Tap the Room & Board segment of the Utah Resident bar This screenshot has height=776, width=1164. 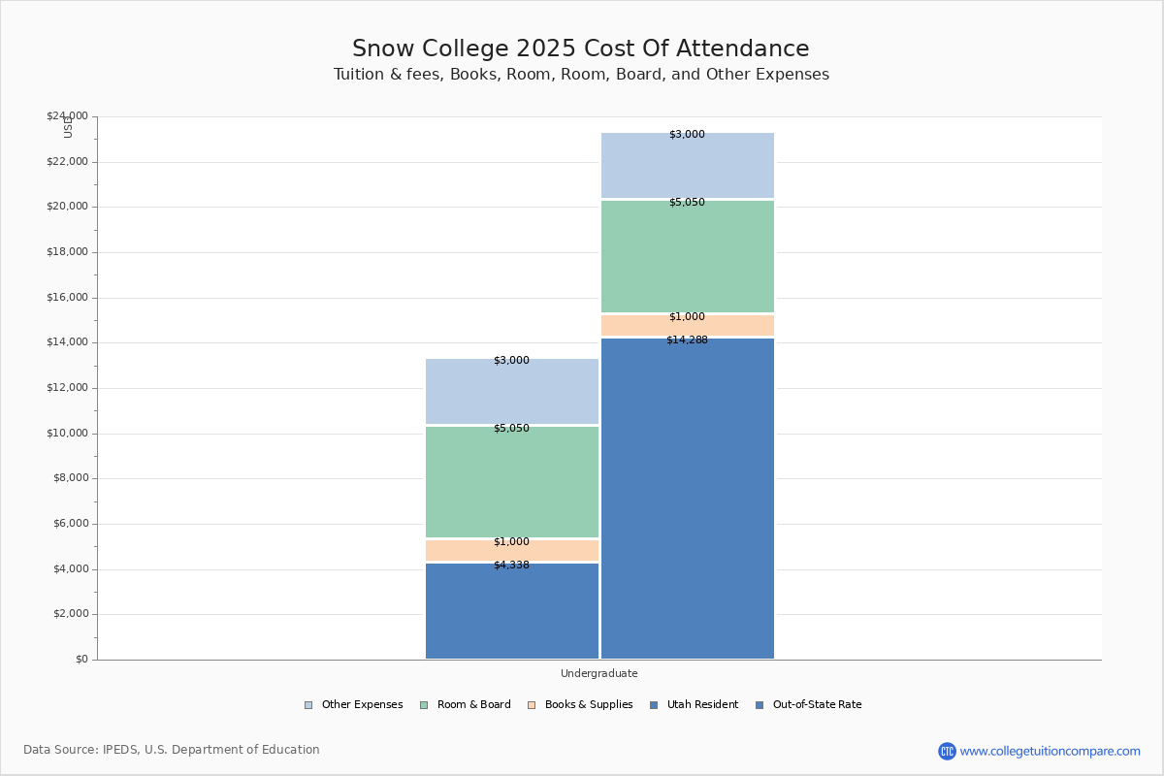pyautogui.click(x=512, y=482)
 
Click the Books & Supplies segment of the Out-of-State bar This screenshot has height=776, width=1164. pyautogui.click(x=688, y=326)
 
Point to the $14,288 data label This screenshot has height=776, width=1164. pyautogui.click(x=687, y=340)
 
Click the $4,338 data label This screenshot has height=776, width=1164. pyautogui.click(x=511, y=566)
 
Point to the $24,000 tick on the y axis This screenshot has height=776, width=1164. pyautogui.click(x=67, y=116)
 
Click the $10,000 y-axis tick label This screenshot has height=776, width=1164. pyautogui.click(x=67, y=434)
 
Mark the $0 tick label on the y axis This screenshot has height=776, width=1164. pyautogui.click(x=81, y=660)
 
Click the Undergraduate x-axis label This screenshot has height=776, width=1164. pyautogui.click(x=599, y=673)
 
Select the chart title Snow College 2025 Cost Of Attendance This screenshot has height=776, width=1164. pyautogui.click(x=580, y=49)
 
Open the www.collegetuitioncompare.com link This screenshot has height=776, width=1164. pyautogui.click(x=1050, y=751)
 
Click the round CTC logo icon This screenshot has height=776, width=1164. pyautogui.click(x=947, y=751)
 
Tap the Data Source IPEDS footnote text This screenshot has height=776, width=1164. pyautogui.click(x=172, y=750)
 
